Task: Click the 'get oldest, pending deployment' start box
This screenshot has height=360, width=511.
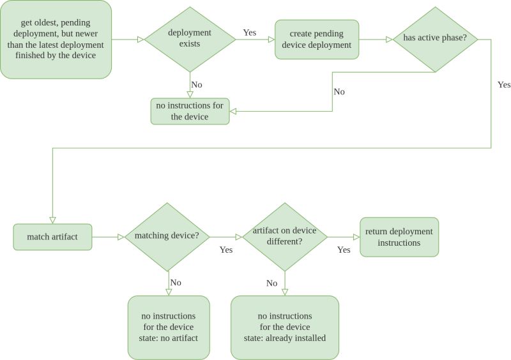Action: tap(56, 40)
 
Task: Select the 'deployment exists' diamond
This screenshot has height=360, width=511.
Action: tap(190, 40)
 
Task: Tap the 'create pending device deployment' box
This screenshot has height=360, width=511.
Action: tap(317, 40)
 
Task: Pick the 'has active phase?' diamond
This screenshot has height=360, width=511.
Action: tap(435, 39)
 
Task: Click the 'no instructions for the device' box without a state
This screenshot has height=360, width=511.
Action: tap(190, 111)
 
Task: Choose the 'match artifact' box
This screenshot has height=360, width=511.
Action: tap(52, 237)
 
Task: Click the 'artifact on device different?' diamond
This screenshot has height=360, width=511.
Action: tap(284, 237)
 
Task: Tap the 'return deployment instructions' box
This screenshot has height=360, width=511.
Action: tap(399, 237)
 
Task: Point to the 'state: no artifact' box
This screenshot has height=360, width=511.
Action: tap(169, 327)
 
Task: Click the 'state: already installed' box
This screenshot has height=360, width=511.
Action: tap(284, 327)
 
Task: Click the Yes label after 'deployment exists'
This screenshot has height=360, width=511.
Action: tap(250, 32)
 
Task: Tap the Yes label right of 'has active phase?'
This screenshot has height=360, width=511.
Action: tap(503, 84)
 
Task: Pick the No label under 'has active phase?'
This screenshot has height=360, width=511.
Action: tap(339, 91)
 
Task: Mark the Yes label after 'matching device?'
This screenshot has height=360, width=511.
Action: tap(225, 250)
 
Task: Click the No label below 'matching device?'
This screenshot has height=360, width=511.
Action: tap(176, 282)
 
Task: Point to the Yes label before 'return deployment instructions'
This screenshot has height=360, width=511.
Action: tap(344, 250)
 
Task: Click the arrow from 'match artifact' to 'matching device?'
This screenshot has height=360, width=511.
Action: tap(107, 237)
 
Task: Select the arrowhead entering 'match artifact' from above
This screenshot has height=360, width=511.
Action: tap(52, 219)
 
